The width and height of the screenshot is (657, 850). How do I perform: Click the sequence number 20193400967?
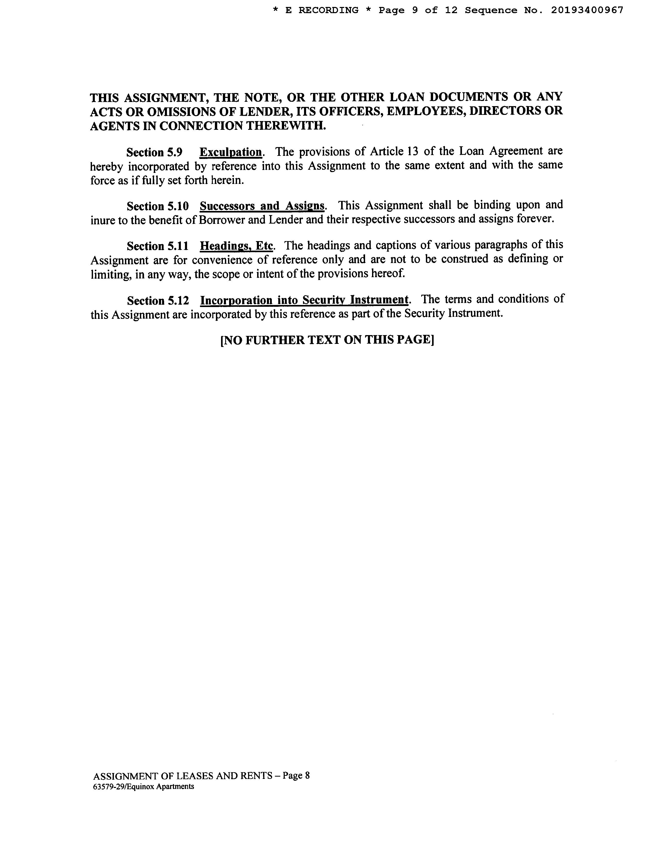pos(587,11)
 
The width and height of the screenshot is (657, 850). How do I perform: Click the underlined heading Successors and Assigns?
pos(262,206)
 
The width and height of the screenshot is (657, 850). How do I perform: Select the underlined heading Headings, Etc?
pos(237,246)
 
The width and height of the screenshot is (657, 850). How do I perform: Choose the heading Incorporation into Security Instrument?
pos(304,300)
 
